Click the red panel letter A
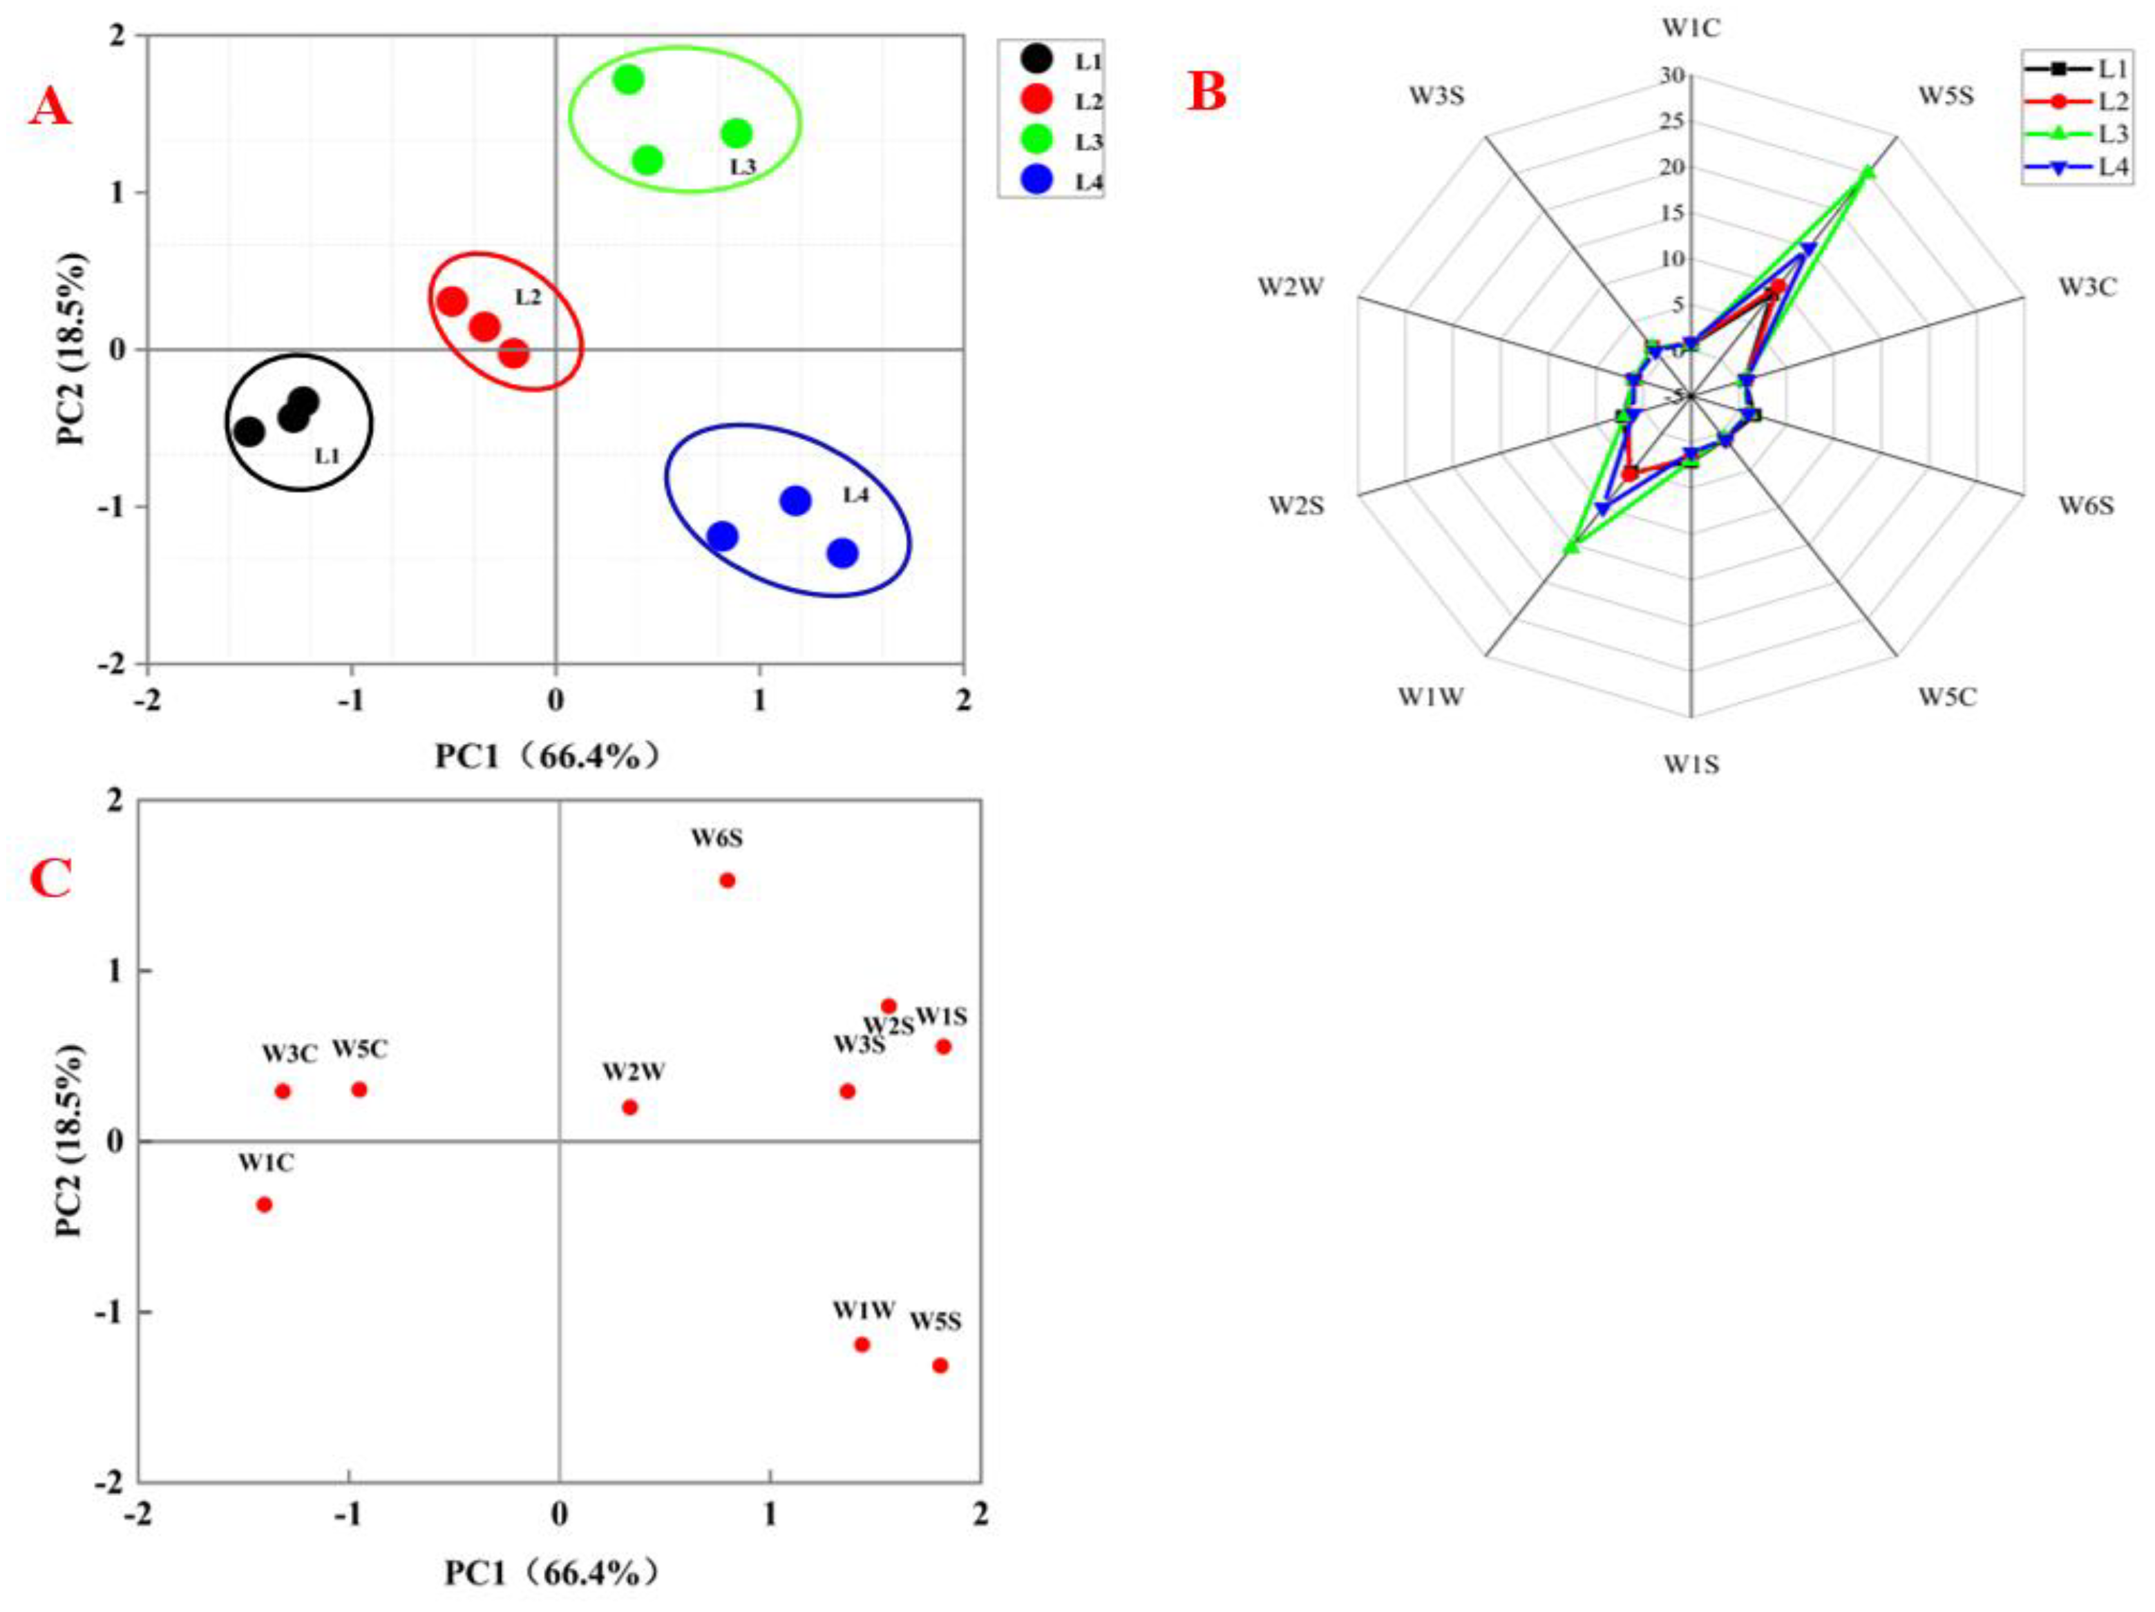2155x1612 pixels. click(50, 106)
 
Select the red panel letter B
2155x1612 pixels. click(1207, 93)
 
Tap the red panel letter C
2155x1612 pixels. click(50, 879)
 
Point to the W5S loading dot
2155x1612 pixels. click(940, 1365)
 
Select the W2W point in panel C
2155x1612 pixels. click(629, 1107)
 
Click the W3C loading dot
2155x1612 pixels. click(283, 1091)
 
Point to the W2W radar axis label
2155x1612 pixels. click(1290, 287)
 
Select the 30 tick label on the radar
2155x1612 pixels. click(1672, 76)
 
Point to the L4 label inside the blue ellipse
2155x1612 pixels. click(855, 495)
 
